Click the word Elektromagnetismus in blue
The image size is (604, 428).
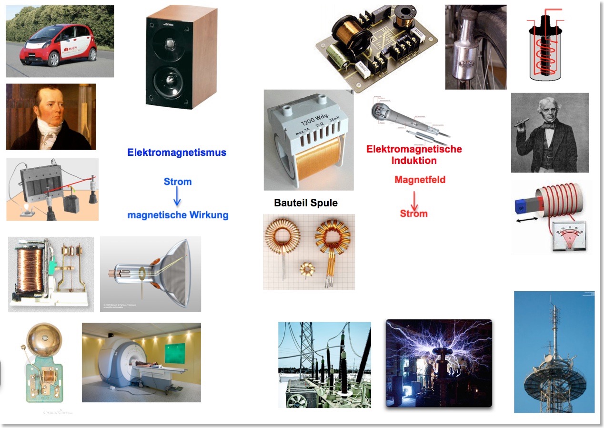[x=177, y=153]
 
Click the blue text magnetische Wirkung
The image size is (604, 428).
[x=178, y=215]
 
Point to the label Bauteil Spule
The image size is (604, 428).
[x=306, y=203]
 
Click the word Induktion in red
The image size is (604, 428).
[x=414, y=161]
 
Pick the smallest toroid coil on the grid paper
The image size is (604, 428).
[x=307, y=270]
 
